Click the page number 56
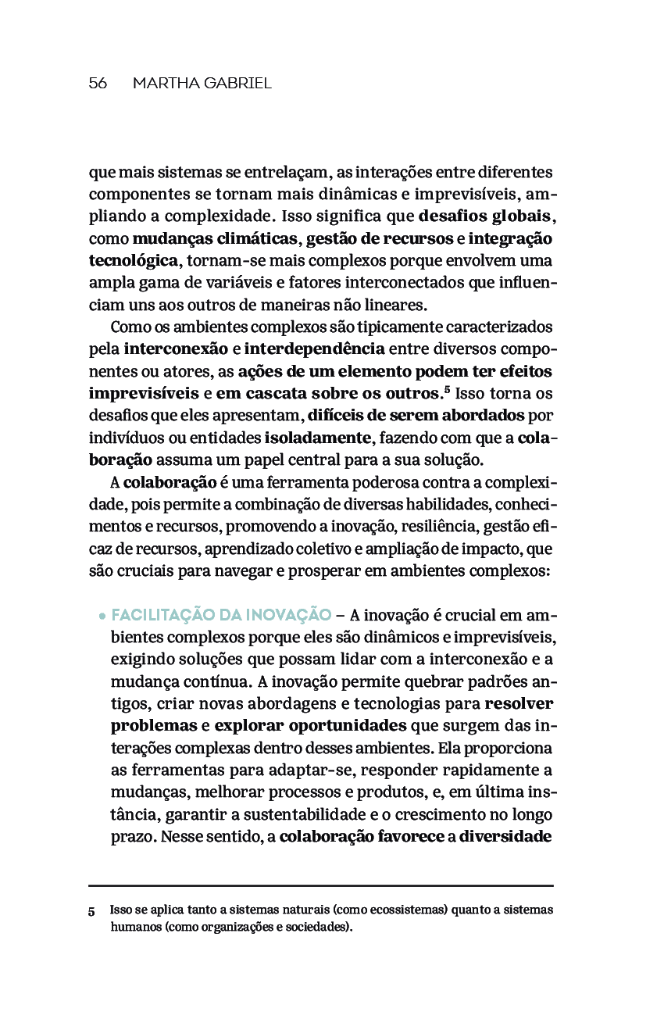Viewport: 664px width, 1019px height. click(98, 84)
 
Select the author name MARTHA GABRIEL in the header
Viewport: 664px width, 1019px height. click(202, 84)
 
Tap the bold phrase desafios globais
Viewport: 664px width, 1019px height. click(486, 215)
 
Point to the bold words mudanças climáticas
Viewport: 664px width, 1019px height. click(215, 238)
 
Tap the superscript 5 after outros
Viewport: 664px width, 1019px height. click(447, 388)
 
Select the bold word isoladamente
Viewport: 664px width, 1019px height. click(317, 436)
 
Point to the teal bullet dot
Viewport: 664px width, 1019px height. click(102, 616)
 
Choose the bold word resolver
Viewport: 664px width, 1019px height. click(519, 703)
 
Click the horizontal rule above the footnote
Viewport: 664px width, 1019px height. click(320, 885)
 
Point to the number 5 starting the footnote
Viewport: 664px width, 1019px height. click(91, 912)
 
